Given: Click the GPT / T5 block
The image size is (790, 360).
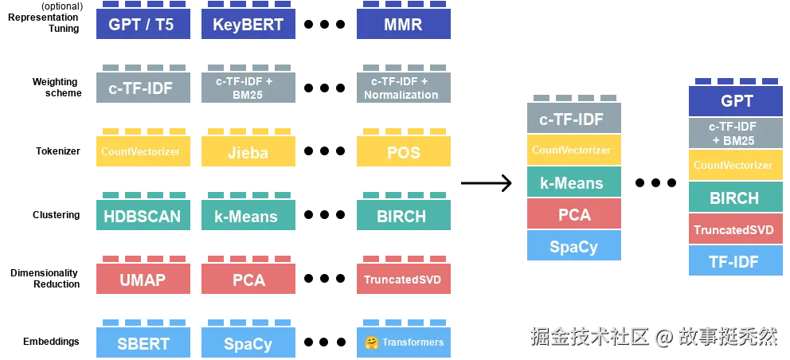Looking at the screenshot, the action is pyautogui.click(x=143, y=24).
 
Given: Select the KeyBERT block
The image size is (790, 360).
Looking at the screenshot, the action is pyautogui.click(x=248, y=24).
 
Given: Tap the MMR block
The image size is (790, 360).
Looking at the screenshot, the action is pyautogui.click(x=404, y=24).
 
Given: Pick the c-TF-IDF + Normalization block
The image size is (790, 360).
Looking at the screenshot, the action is pyautogui.click(x=404, y=88).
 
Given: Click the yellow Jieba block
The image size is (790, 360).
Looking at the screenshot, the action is pyautogui.click(x=248, y=151).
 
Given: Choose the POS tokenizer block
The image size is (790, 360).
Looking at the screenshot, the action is pyautogui.click(x=404, y=151).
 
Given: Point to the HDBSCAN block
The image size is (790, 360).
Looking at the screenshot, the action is pyautogui.click(x=143, y=215).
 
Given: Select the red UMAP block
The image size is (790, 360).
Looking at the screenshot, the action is pyautogui.click(x=143, y=278).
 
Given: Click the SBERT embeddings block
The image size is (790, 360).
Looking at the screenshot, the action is pyautogui.click(x=143, y=342).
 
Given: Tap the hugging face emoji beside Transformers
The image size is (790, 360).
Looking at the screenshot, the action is pyautogui.click(x=372, y=342).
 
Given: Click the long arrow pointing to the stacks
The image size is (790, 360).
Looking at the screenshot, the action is pyautogui.click(x=487, y=183).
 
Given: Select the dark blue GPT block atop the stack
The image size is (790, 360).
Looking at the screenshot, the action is pyautogui.click(x=736, y=101).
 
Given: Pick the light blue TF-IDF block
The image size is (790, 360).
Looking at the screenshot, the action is pyautogui.click(x=736, y=260).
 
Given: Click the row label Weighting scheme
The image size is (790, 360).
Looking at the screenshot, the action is pyautogui.click(x=57, y=88).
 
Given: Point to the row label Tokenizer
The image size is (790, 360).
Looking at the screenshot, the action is pyautogui.click(x=58, y=151).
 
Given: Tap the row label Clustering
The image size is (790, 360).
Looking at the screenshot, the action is pyautogui.click(x=57, y=215).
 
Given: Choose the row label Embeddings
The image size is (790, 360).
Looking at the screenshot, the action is pyautogui.click(x=52, y=342).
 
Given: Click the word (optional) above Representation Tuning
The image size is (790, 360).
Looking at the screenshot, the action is pyautogui.click(x=61, y=6).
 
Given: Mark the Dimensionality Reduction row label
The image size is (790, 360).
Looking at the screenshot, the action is pyautogui.click(x=45, y=278).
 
